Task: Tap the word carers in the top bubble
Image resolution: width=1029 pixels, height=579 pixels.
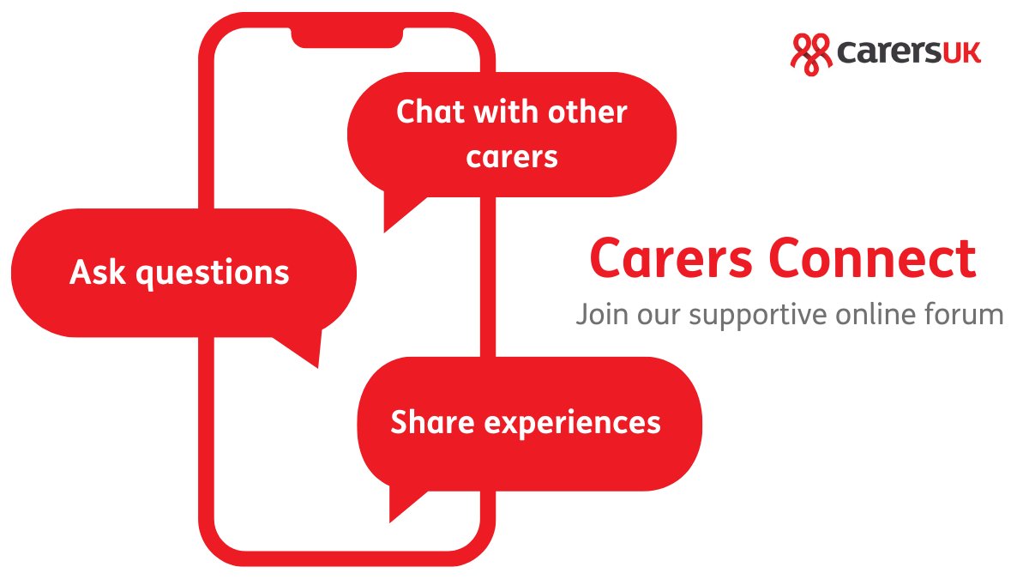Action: pos(512,157)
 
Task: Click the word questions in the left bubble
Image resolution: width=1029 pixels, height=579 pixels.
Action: pos(214,274)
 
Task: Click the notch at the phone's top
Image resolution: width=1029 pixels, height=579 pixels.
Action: pos(346,36)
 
